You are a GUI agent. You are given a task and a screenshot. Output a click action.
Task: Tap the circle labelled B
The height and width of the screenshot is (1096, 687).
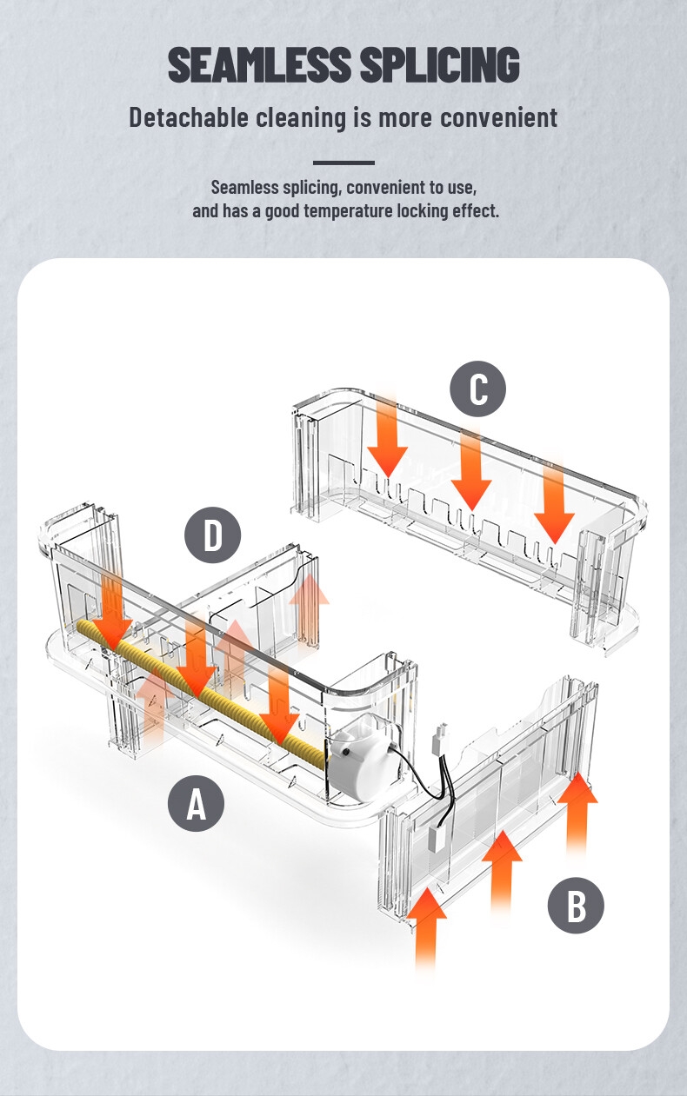click(576, 905)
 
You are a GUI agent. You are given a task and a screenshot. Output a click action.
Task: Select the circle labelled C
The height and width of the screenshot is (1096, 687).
click(478, 389)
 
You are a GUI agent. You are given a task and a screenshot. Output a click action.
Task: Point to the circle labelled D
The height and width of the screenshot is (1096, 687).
click(212, 535)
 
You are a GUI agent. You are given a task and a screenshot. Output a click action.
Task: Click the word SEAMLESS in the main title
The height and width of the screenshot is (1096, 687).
click(259, 64)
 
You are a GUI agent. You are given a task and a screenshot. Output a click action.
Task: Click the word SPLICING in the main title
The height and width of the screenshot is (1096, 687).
click(439, 64)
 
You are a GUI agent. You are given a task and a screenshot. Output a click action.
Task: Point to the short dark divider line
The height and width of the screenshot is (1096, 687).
click(343, 163)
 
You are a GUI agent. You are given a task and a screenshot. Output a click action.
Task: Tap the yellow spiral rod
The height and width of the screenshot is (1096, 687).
click(201, 690)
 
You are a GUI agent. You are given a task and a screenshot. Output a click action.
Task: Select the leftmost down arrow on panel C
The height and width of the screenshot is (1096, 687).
click(388, 435)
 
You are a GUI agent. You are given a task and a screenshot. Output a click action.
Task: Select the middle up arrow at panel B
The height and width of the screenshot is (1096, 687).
click(502, 872)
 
